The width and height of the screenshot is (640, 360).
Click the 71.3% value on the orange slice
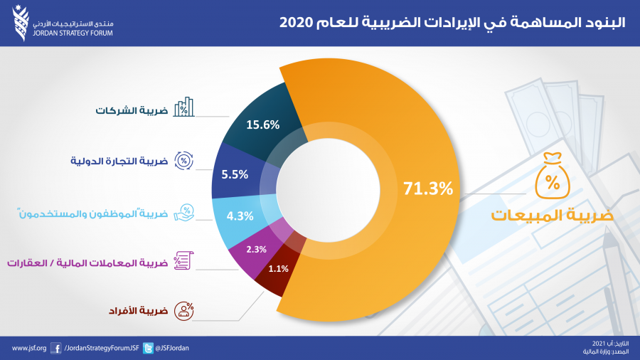[428, 189]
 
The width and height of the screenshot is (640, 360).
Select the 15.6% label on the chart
[262, 125]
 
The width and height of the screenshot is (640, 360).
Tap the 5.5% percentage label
[235, 173]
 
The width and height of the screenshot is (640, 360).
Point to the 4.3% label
[239, 216]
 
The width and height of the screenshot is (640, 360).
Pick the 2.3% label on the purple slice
[256, 249]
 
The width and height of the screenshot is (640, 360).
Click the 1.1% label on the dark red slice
[279, 269]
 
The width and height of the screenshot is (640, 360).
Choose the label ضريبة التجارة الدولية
[119, 161]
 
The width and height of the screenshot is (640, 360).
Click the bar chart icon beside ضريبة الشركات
[185, 107]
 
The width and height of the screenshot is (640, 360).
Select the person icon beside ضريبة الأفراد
[185, 310]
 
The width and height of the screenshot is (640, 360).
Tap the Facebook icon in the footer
[56, 348]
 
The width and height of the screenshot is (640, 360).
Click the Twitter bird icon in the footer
[148, 348]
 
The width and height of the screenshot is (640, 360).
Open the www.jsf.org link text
[29, 348]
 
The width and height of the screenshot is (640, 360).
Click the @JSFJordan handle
[173, 348]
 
